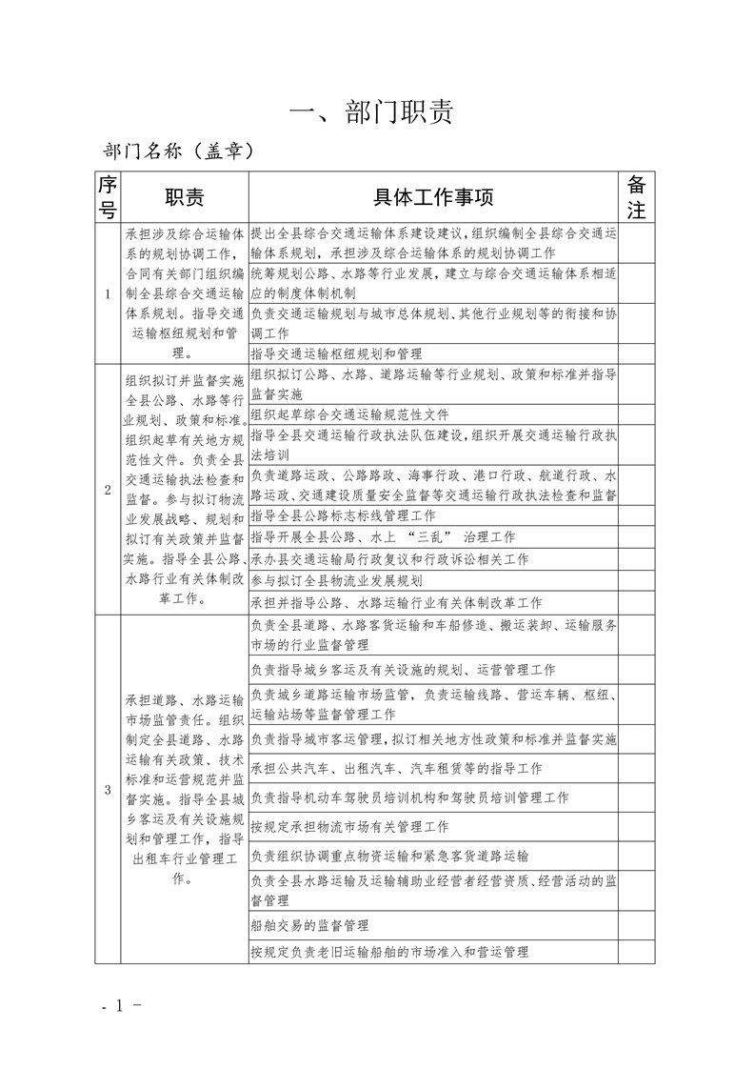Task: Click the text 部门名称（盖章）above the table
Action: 177,151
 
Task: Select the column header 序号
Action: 108,197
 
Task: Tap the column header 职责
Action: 184,197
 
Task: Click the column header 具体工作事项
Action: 433,197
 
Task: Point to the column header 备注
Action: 637,197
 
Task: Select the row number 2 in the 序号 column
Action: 108,491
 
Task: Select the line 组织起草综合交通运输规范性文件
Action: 348,414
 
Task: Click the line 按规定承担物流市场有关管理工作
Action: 349,827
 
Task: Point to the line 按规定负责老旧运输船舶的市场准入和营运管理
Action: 388,952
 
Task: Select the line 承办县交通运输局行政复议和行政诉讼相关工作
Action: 388,559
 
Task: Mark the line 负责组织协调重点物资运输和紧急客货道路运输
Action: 388,857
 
